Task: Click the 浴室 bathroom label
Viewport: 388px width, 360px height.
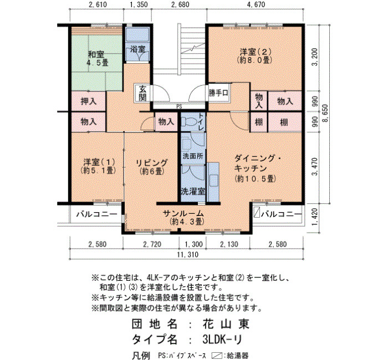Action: pos(137,49)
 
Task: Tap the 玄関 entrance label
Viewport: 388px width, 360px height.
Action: pos(142,94)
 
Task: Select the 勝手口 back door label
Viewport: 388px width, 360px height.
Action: pos(218,93)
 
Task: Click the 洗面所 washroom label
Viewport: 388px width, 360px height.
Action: pos(193,156)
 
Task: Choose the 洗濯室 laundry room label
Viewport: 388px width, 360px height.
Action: pos(193,192)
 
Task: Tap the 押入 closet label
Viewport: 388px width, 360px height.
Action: pos(88,101)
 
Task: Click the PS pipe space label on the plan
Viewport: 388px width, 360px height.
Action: pos(180,107)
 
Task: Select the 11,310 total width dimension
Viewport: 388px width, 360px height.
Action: pos(187,254)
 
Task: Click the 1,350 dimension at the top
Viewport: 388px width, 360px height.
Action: pos(139,4)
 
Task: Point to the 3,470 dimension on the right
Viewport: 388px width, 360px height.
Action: pos(315,166)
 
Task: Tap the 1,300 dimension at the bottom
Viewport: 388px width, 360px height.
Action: pos(194,244)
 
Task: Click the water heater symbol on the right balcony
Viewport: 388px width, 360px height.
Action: pos(257,213)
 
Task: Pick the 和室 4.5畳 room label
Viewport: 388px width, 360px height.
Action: pos(97,58)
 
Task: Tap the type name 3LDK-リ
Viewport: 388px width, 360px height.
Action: pos(222,340)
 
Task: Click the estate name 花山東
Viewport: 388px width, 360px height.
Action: pos(226,323)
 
